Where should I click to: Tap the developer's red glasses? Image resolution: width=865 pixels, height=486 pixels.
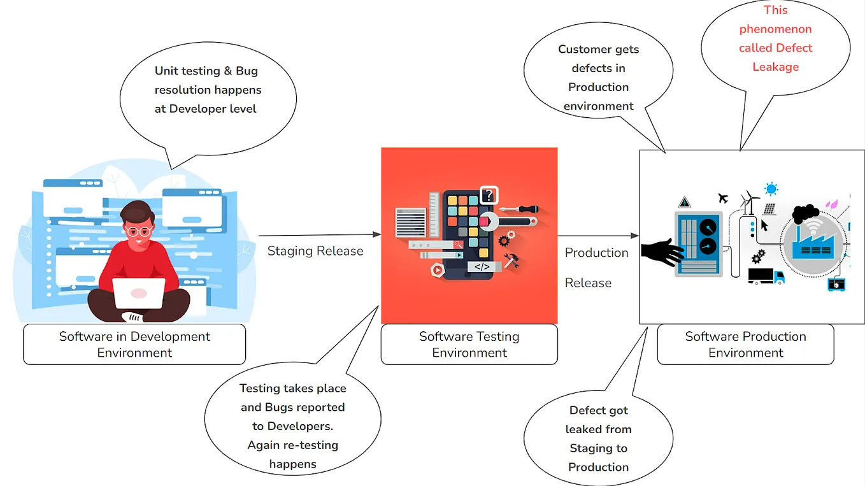[139, 231]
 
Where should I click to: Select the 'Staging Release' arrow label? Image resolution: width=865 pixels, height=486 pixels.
[315, 251]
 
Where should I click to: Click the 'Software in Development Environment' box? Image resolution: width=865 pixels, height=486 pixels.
[134, 345]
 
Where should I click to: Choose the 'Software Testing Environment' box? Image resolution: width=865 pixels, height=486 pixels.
[469, 345]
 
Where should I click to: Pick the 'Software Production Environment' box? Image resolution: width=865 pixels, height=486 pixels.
[745, 345]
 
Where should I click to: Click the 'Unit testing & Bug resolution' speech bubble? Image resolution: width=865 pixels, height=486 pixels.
[208, 90]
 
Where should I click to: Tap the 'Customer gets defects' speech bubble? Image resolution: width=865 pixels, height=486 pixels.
[598, 78]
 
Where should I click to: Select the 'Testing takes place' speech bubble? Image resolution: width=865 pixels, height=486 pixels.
[292, 425]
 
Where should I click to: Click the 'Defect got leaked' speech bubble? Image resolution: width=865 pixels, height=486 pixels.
[598, 438]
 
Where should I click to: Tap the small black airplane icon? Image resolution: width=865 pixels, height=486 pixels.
[723, 198]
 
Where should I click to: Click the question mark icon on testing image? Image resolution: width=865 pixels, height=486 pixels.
[488, 195]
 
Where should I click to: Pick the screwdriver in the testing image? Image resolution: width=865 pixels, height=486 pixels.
[519, 209]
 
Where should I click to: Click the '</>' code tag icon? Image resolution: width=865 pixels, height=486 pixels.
[482, 267]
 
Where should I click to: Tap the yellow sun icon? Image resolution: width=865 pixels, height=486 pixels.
[771, 189]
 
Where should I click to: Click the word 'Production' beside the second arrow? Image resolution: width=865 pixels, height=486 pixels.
[596, 253]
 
